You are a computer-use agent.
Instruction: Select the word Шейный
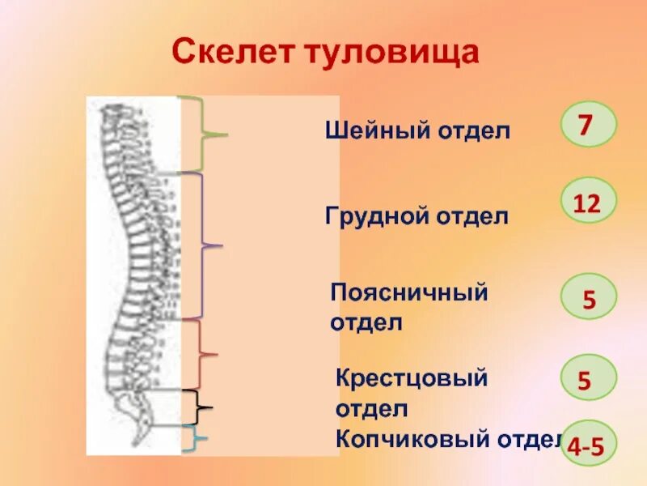point(368,130)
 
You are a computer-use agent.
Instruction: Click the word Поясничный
point(409,292)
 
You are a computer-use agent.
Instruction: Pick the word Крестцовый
point(412,378)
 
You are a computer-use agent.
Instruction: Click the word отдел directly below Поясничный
point(366,322)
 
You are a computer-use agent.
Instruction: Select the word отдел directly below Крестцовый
point(371,409)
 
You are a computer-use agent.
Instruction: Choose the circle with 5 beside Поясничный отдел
point(589,297)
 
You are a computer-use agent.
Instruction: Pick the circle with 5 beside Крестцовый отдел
point(589,377)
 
